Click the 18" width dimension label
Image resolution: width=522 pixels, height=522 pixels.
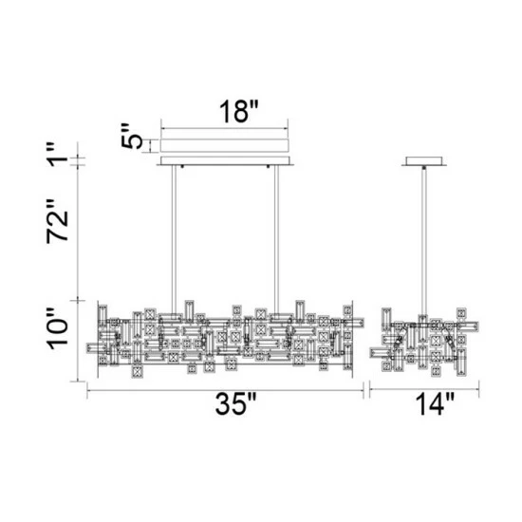pos(227,111)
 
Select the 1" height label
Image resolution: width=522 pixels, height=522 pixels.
pos(63,154)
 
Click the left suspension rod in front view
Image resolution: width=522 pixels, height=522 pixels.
pos(173,237)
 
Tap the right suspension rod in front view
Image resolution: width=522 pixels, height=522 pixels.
pos(276,237)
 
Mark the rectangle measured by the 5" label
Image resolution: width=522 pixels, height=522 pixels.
pos(226,145)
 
